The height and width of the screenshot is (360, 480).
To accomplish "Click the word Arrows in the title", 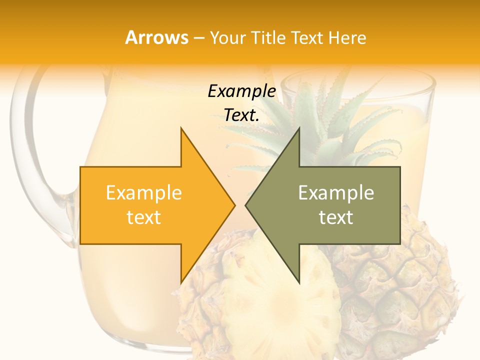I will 156,37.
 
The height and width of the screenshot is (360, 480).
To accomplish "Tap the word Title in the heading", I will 268,37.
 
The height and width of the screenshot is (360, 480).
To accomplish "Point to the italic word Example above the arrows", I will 241,91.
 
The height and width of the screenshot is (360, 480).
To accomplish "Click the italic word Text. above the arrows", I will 241,115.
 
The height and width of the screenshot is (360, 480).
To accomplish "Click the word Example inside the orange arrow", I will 144,192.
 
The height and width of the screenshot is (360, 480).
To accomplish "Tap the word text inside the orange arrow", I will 144,217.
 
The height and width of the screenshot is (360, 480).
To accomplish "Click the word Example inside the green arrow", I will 336,192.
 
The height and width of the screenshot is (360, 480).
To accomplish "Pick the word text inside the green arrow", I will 336,217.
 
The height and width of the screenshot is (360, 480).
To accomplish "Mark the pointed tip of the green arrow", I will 247,205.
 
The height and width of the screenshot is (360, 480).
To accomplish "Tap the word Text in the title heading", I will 307,37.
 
